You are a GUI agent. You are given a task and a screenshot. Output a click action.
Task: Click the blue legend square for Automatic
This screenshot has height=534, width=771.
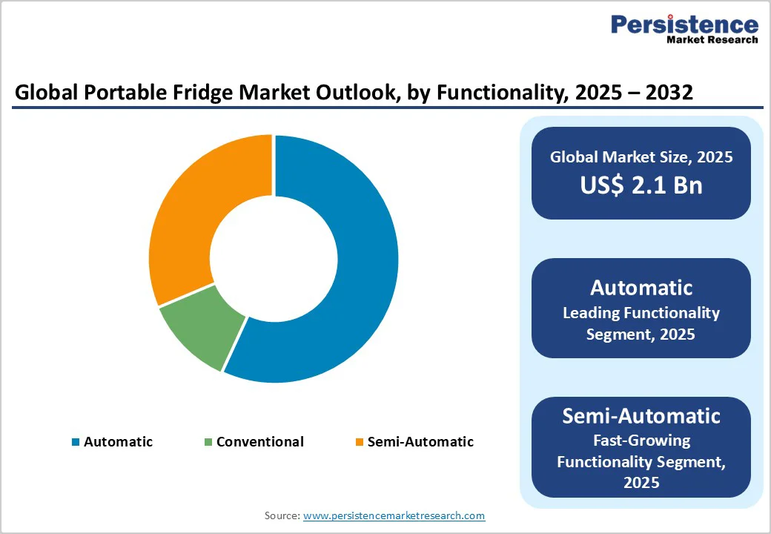(x=76, y=442)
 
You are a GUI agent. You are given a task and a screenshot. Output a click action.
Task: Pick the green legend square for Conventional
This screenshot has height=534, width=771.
(x=208, y=442)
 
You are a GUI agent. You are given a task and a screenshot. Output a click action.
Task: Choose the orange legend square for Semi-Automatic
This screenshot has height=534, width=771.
(x=360, y=442)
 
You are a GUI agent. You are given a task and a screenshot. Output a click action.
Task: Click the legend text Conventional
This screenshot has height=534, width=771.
(x=259, y=442)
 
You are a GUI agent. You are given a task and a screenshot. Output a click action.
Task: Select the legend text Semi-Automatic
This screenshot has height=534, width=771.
(x=420, y=442)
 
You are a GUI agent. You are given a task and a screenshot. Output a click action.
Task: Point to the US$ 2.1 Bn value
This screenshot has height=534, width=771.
(x=641, y=185)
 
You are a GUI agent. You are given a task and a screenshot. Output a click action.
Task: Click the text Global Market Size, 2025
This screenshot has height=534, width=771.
(x=641, y=157)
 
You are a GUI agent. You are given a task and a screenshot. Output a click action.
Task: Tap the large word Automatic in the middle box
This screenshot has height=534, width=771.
(x=641, y=288)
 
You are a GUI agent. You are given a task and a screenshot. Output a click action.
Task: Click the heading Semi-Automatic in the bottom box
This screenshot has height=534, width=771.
(x=641, y=416)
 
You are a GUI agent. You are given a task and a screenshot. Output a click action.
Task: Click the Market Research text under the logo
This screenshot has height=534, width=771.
(x=712, y=39)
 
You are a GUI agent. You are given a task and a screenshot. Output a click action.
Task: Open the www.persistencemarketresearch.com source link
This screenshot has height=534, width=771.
(x=394, y=515)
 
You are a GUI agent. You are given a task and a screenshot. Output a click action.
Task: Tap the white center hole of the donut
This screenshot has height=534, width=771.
(x=274, y=258)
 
